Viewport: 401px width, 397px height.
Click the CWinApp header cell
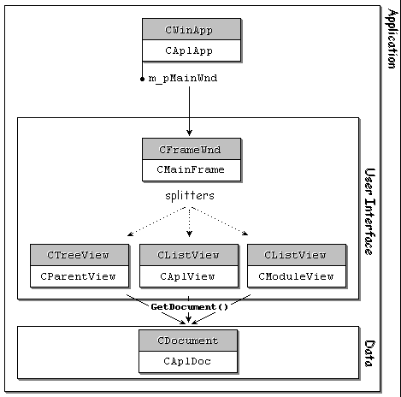point(192,29)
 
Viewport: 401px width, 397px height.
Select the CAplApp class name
point(189,50)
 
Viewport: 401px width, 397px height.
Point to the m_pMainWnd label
point(183,78)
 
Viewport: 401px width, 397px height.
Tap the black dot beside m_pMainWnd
point(143,79)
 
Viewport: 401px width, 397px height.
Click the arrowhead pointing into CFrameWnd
point(189,133)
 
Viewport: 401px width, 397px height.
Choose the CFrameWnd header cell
point(192,149)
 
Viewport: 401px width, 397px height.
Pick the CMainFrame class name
point(191,169)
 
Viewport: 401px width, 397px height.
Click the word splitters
point(190,196)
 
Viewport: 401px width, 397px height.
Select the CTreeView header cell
point(80,255)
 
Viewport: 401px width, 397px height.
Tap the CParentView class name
point(78,276)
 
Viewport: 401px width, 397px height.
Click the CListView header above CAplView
point(189,255)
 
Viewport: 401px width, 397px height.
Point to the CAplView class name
point(187,276)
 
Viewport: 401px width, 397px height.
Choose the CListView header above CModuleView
point(297,255)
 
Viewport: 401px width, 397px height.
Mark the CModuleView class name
point(296,276)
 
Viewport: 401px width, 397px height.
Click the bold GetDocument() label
point(190,307)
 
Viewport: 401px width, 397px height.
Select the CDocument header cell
point(188,341)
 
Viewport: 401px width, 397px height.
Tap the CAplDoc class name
point(187,361)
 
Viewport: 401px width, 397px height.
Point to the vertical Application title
point(392,39)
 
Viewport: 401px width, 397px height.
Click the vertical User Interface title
point(370,211)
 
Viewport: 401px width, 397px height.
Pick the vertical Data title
point(369,353)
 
